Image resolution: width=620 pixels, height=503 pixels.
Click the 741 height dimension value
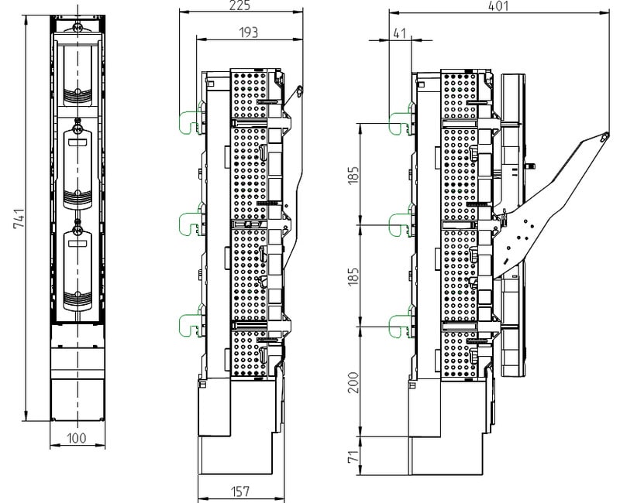pyautogui.click(x=19, y=218)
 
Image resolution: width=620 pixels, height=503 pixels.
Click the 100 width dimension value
pyautogui.click(x=77, y=438)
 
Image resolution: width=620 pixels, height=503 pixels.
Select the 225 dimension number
pyautogui.click(x=239, y=5)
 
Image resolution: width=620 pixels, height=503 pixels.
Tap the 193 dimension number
pyautogui.click(x=248, y=33)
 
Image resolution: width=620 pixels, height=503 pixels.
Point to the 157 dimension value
pyautogui.click(x=240, y=491)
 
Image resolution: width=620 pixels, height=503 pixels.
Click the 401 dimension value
pyautogui.click(x=498, y=6)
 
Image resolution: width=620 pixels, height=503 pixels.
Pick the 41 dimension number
pyautogui.click(x=400, y=33)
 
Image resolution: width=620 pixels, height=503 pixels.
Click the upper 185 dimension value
pyautogui.click(x=353, y=174)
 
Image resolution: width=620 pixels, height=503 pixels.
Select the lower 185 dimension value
pyautogui.click(x=353, y=276)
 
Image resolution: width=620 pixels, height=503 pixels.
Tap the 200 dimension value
pyautogui.click(x=353, y=382)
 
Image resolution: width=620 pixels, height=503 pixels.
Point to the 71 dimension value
pyautogui.click(x=353, y=456)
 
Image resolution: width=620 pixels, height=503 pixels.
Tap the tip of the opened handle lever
pyautogui.click(x=604, y=136)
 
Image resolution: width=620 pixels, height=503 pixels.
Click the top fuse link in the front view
pyautogui.click(x=78, y=75)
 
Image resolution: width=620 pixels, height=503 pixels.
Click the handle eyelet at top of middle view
pyautogui.click(x=299, y=91)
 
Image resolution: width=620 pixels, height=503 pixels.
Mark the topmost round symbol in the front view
pyautogui.click(x=78, y=28)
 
